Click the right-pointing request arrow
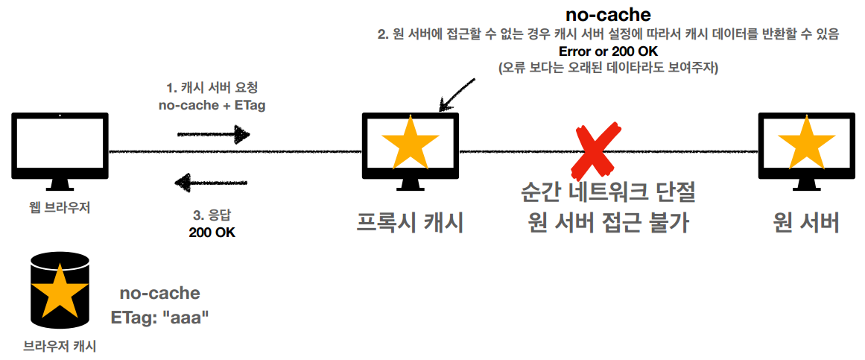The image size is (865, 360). pos(212,134)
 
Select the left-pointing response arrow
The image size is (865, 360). pos(212,180)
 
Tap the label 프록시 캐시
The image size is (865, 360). pos(410,222)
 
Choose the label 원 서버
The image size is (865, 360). pos(806,222)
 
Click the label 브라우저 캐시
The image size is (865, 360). pos(60,345)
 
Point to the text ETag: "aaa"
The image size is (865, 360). pos(159,317)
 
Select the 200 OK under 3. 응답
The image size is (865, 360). pos(212,232)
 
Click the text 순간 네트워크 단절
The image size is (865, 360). pos(607,193)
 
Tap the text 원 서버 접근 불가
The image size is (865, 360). pos(607,222)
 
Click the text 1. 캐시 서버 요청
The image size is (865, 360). pos(212,88)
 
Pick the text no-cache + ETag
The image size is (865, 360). pos(212,105)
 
